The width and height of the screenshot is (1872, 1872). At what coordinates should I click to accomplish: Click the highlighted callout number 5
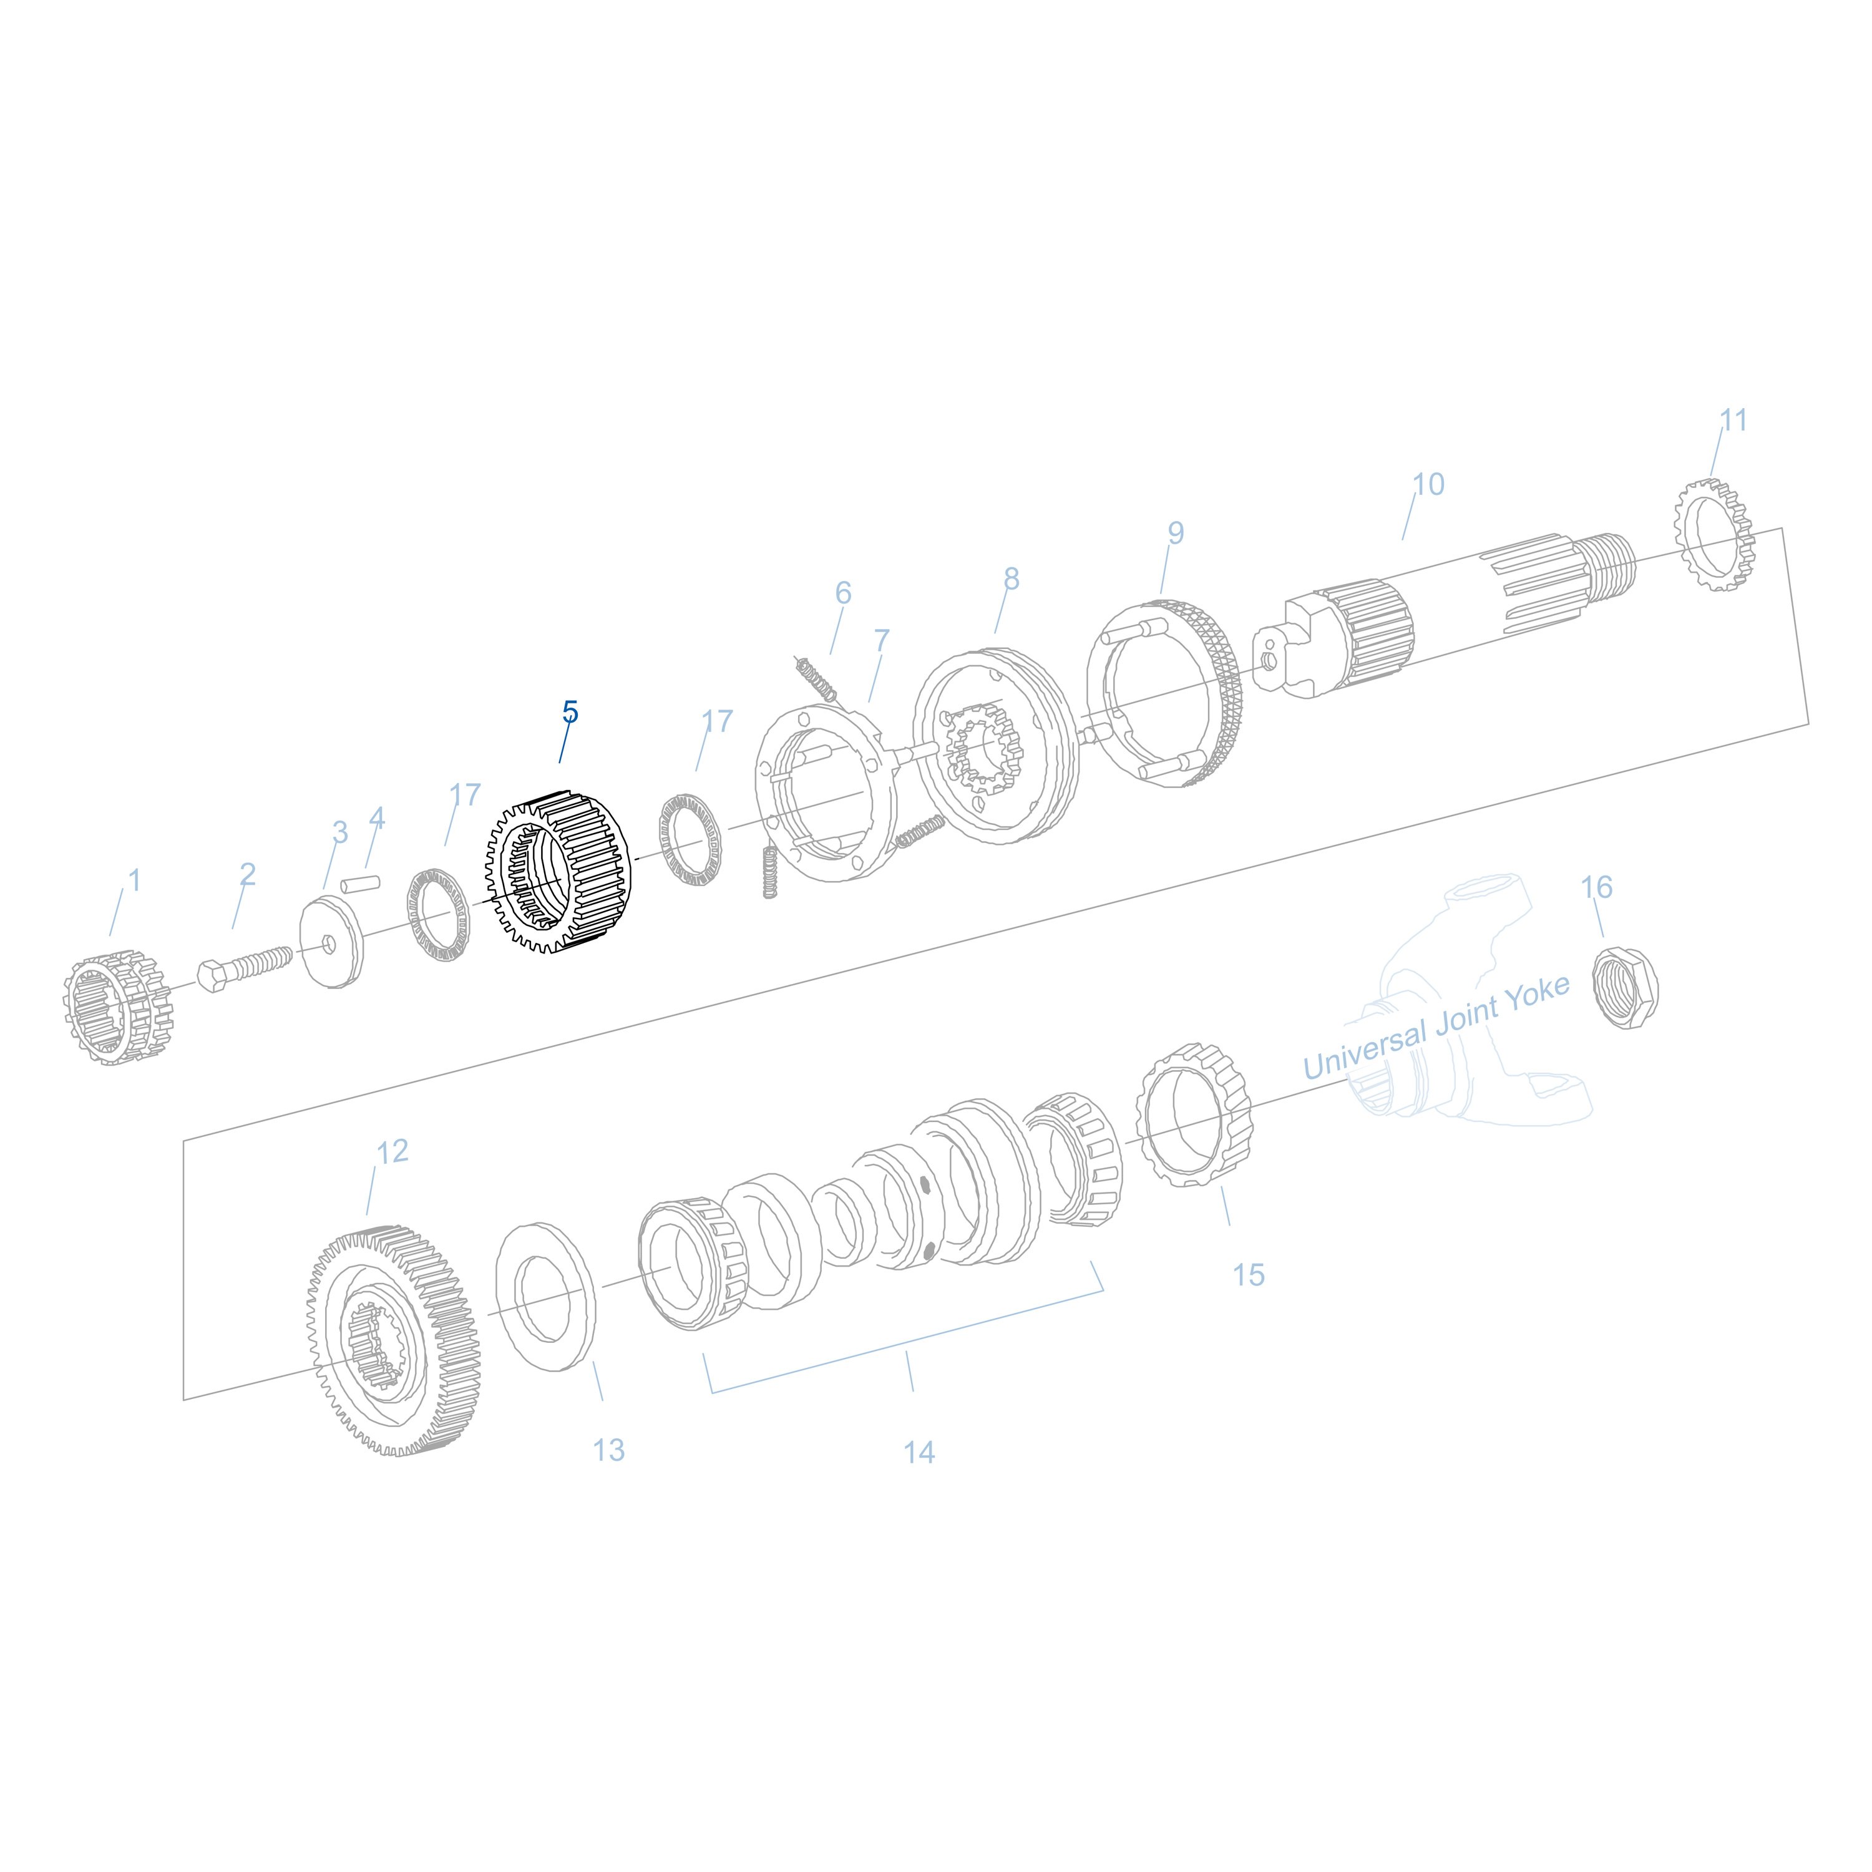pyautogui.click(x=570, y=712)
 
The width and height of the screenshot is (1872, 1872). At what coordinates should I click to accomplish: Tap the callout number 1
pyautogui.click(x=135, y=880)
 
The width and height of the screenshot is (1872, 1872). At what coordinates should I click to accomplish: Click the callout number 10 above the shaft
pyautogui.click(x=1428, y=484)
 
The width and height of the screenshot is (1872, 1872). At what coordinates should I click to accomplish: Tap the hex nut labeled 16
pyautogui.click(x=1627, y=988)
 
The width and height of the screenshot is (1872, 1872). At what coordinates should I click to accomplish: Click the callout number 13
pyautogui.click(x=608, y=1451)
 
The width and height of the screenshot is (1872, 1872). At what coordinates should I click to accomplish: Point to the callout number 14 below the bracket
pyautogui.click(x=919, y=1453)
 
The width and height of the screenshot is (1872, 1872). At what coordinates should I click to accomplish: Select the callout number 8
pyautogui.click(x=1011, y=580)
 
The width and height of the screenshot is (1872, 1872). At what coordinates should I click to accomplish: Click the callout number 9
pyautogui.click(x=1176, y=533)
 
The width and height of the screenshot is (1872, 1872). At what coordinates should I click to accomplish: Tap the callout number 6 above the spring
pyautogui.click(x=843, y=593)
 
